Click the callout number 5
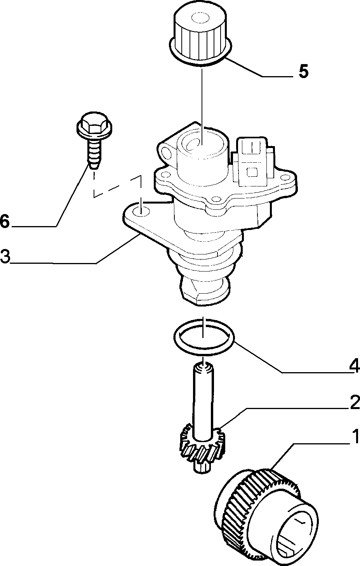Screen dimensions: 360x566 pyautogui.click(x=303, y=71)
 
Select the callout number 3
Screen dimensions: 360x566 pyautogui.click(x=5, y=256)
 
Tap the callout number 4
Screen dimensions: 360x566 pyautogui.click(x=354, y=366)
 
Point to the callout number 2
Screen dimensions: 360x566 pyautogui.click(x=355, y=403)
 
